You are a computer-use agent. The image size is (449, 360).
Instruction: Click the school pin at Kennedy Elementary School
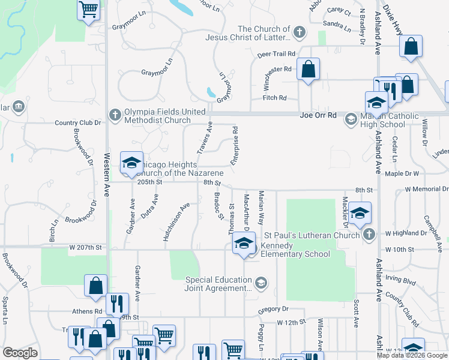pos(244,244)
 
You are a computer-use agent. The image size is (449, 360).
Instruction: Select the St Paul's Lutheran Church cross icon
pos(369,234)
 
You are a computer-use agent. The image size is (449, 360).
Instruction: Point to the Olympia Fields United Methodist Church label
pos(157,116)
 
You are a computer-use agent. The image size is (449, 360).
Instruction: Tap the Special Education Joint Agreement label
pos(217,284)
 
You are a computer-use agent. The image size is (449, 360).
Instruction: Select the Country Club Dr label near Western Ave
pos(78,122)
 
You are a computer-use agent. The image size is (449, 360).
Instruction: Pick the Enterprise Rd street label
pos(235,145)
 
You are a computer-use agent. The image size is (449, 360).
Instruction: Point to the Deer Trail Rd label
pos(277,53)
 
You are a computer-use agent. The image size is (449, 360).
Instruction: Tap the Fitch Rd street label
pos(275,98)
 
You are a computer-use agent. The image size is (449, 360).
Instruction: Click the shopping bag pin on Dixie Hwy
pos(411,47)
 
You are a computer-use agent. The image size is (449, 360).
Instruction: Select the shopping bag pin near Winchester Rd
pos(308,69)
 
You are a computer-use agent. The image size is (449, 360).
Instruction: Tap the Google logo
pos(20,353)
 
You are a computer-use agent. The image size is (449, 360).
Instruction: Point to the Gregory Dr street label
pos(273,309)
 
